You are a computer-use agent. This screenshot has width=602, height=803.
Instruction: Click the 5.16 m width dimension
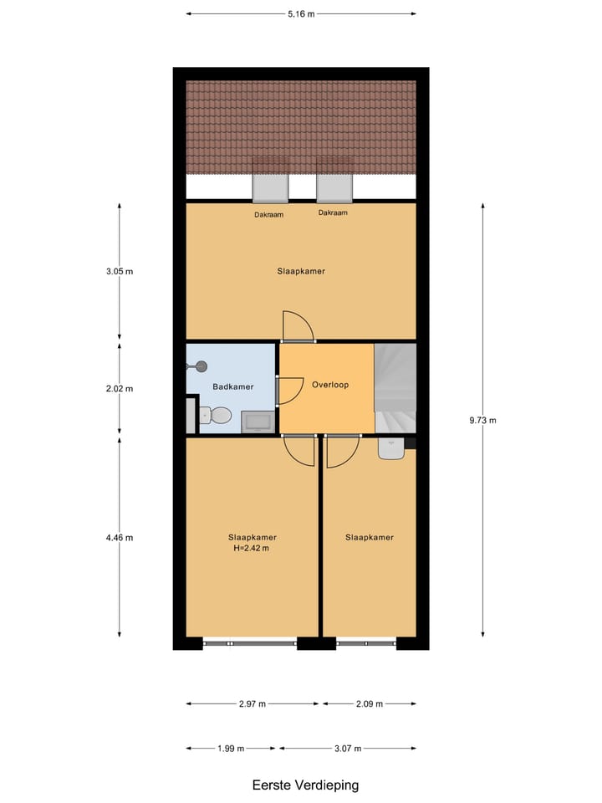301,14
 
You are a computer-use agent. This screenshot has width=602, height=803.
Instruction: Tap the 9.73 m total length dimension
482,421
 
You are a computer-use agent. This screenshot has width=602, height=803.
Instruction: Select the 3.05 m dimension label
118,272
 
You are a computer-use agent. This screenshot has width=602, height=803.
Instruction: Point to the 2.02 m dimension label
118,389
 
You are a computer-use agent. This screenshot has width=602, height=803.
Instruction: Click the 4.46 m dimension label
118,538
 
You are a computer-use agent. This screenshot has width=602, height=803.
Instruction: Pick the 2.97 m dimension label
252,704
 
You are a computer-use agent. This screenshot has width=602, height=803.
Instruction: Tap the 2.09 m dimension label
369,704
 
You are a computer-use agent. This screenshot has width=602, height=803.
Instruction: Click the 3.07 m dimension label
348,748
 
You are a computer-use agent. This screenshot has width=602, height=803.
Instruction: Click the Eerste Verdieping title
305,785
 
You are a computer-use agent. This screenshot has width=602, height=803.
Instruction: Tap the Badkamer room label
230,387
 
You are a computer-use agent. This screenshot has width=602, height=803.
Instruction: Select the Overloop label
329,386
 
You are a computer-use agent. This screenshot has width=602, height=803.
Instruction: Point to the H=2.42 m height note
252,549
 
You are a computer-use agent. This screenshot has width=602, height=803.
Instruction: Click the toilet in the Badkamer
217,415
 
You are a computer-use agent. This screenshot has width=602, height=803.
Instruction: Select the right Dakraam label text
333,213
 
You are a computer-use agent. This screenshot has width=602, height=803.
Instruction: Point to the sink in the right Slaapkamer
391,449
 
